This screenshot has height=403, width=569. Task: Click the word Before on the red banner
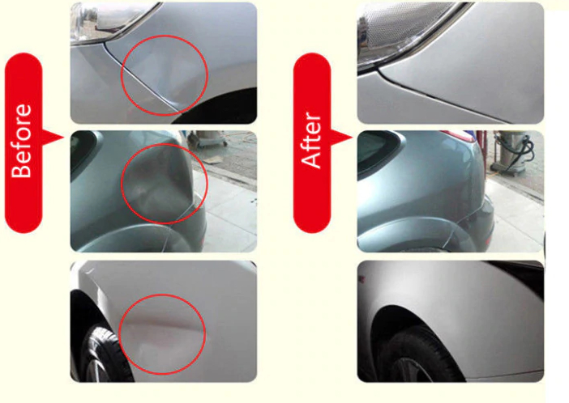22,141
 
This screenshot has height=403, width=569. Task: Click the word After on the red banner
311,141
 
